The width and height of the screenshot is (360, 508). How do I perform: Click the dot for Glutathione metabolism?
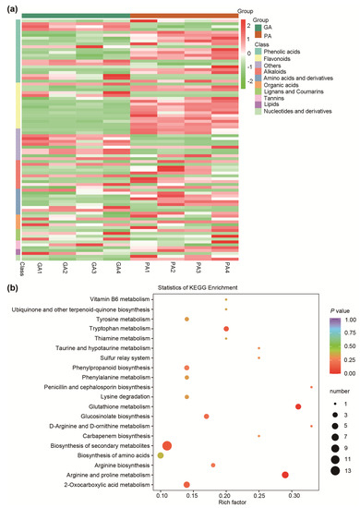coord(298,406)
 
